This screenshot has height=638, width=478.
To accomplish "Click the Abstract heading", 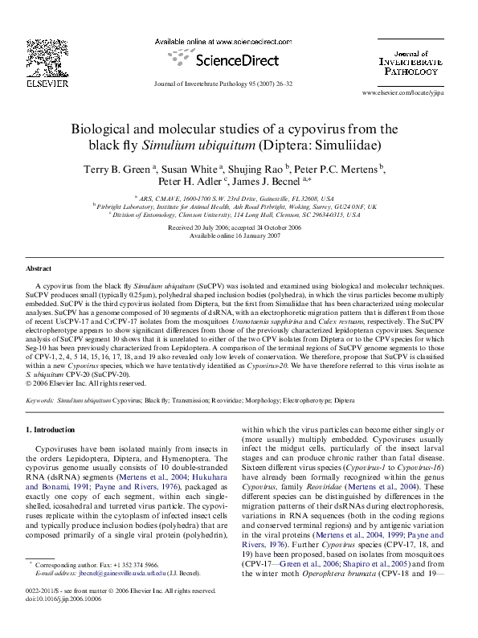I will point(39,268).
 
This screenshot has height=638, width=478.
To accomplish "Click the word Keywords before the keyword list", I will point(40,399).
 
